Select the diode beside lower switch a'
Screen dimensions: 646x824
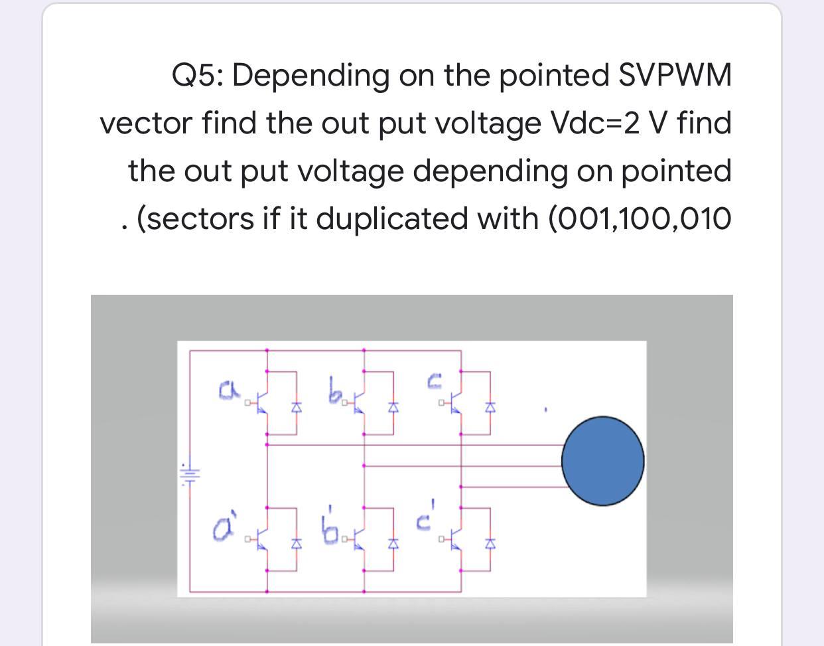coord(297,544)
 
